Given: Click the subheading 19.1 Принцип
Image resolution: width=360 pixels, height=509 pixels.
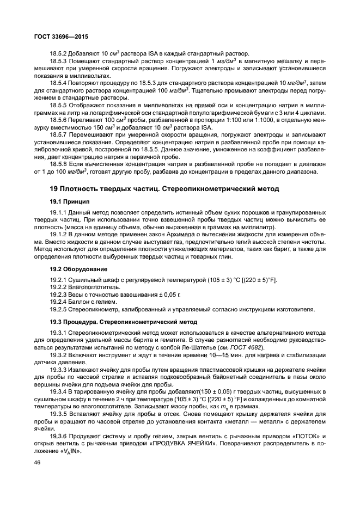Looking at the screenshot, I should coord(70,201).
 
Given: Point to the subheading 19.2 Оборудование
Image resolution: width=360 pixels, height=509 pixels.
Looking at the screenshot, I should coord(78,269).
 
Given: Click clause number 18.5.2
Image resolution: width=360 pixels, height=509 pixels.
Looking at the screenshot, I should coord(58,53).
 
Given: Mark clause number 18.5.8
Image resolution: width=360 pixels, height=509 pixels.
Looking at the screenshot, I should coord(58,163).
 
